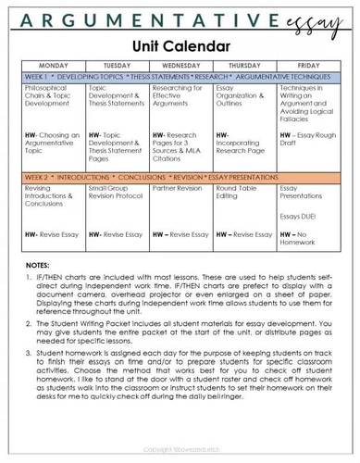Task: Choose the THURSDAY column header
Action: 243,66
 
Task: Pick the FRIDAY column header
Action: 306,66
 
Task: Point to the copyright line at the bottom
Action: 180,451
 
